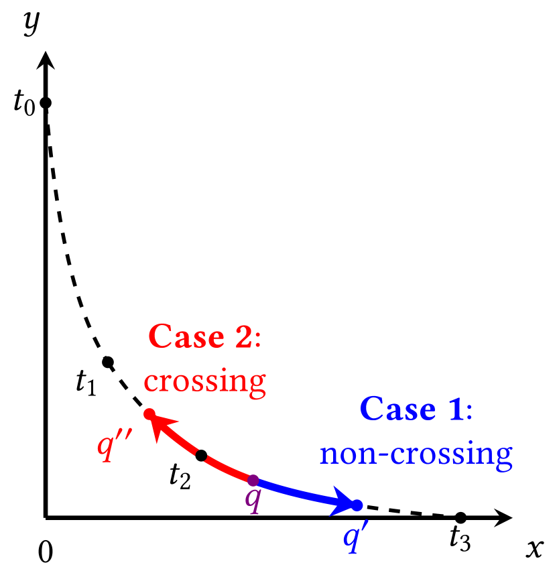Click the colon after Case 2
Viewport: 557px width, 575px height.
257,339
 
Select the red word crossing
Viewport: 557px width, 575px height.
204,381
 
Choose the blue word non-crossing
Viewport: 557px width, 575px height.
416,454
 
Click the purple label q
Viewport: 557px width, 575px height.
252,500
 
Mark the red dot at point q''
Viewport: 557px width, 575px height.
149,414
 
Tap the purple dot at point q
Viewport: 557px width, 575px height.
253,480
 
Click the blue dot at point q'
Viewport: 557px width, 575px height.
357,505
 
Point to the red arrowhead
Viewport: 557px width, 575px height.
164,427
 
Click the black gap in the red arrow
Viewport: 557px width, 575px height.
201,456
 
